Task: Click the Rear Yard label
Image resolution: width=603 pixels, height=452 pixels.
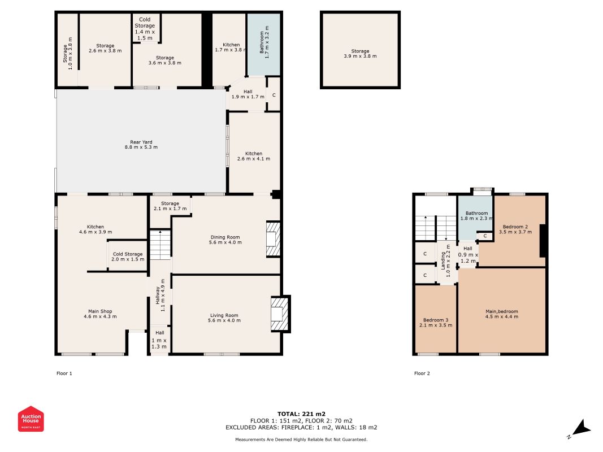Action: pos(141,145)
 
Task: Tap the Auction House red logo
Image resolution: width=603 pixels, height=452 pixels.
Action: pos(31,419)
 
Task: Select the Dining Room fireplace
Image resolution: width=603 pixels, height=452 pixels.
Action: pos(273,239)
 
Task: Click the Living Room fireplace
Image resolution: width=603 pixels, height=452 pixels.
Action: pos(280,314)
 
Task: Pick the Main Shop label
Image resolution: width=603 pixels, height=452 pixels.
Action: pos(100,314)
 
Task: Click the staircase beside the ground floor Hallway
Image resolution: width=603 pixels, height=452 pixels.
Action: pos(160,245)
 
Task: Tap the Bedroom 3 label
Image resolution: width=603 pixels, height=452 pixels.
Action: pos(436,323)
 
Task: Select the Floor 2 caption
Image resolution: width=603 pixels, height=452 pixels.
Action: pos(422,373)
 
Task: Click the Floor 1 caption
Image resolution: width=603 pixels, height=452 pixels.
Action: pos(64,373)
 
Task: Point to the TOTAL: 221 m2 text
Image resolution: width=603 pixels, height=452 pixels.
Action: pos(302,414)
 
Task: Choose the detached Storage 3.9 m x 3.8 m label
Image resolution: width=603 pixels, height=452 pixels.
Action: pos(361,54)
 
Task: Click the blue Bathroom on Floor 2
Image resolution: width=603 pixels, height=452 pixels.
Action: pos(475,218)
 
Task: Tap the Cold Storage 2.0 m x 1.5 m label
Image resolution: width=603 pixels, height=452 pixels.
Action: pos(128,257)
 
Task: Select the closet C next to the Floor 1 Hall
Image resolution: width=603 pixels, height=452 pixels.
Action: pos(274,95)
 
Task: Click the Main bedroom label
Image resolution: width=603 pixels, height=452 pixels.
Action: pos(501,314)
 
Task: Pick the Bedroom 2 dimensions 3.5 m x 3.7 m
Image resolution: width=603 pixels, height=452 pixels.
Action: pos(515,232)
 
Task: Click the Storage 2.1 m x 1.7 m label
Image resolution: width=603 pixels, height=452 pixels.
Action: pos(170,206)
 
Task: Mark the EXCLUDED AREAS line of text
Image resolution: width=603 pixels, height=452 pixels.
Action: pos(302,427)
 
